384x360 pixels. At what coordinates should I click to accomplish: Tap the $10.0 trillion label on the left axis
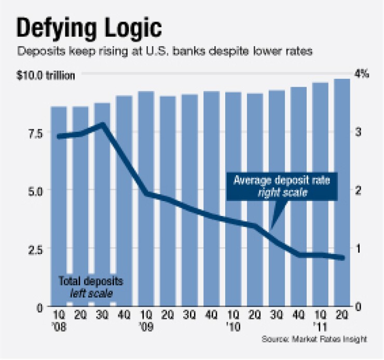click(x=46, y=75)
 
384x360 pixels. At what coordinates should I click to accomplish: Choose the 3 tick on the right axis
click(x=358, y=132)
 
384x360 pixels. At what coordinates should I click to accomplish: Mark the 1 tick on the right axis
click(x=358, y=248)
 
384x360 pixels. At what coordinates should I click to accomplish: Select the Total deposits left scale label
click(x=90, y=287)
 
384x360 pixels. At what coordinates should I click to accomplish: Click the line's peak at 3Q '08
click(x=102, y=125)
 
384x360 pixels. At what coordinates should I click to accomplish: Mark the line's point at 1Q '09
click(x=146, y=193)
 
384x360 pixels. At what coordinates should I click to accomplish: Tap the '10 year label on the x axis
click(x=234, y=326)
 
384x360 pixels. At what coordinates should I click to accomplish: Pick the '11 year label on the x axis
click(x=321, y=326)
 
